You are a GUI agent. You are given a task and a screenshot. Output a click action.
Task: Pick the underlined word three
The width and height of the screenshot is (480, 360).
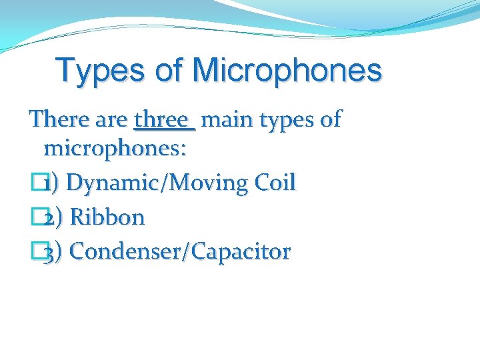(162, 120)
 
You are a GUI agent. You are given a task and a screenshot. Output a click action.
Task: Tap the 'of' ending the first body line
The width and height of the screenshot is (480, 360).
(331, 120)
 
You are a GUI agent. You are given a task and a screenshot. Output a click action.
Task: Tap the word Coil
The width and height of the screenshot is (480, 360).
(273, 182)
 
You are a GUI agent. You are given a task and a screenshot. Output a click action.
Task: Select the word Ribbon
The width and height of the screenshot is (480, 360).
(107, 217)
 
